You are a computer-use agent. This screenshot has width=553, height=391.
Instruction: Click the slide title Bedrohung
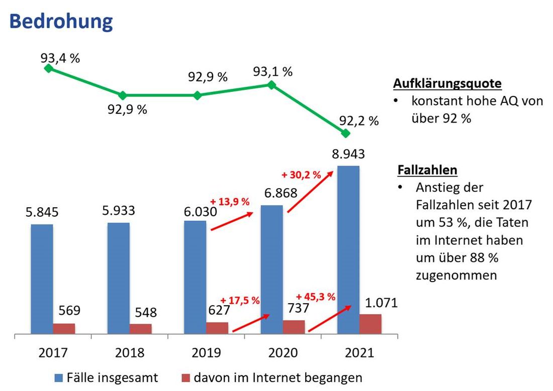coord(61,22)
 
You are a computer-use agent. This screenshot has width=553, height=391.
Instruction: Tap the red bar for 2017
coord(64,328)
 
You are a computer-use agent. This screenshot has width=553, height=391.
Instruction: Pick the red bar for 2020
coord(294,327)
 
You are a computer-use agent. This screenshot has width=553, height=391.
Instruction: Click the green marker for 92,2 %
coord(345,134)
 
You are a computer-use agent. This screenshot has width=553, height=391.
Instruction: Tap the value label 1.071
coord(381,303)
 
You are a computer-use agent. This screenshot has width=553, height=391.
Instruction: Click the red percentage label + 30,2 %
coord(301,175)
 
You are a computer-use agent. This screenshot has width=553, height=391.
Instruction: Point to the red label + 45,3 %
coord(315,296)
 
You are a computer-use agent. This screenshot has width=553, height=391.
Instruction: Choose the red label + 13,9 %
coord(230,202)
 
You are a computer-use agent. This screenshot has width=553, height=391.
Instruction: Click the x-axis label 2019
coord(206,353)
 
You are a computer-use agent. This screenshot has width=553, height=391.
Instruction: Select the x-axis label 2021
coord(359,353)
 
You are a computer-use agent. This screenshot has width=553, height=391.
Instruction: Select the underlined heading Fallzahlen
coord(427,170)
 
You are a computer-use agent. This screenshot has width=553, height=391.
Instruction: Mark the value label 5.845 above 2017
coord(42,212)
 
